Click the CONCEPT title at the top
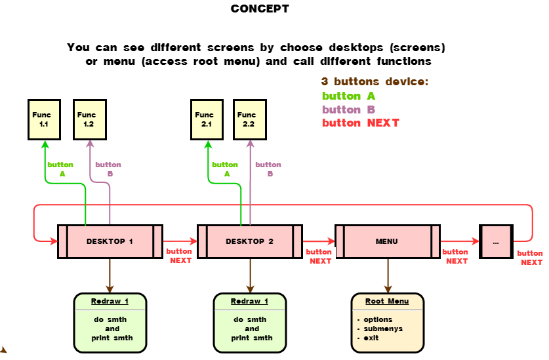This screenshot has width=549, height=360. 260,9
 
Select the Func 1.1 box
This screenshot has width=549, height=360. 44,119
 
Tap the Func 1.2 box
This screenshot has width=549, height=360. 90,119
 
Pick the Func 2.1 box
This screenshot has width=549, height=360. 207,119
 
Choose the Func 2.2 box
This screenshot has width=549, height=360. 250,119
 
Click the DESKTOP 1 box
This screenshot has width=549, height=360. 110,241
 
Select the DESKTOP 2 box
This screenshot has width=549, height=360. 249,241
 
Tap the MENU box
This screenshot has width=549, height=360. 387,241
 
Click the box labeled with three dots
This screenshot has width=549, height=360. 496,241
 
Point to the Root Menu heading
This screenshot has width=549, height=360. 387,302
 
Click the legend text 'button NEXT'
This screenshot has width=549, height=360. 360,123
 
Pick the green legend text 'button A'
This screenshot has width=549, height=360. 348,96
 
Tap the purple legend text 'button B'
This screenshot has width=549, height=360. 348,110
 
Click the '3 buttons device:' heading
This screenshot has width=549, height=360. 375,82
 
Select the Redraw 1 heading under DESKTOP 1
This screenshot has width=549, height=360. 110,302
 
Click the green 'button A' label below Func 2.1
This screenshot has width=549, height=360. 225,169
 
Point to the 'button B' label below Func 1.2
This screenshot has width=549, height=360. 109,169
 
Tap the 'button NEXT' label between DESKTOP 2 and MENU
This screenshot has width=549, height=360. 319,256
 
